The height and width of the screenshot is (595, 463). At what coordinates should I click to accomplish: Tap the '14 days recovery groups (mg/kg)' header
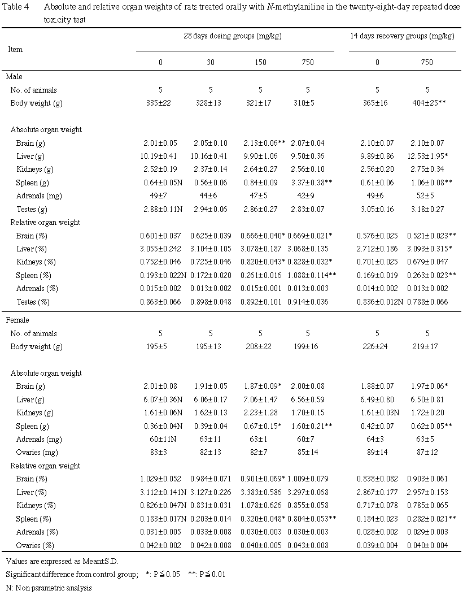402,36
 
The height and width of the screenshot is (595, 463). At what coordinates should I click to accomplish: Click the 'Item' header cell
15,49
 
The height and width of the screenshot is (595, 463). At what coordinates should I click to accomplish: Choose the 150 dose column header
260,62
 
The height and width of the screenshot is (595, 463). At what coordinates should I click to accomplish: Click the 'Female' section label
17,320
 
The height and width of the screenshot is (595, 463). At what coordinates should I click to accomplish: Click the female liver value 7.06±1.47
260,399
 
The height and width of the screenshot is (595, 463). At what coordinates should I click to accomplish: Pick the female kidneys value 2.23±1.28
260,412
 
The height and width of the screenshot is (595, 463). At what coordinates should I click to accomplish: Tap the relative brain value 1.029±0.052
160,479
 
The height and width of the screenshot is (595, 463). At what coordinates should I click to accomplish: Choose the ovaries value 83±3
160,452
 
